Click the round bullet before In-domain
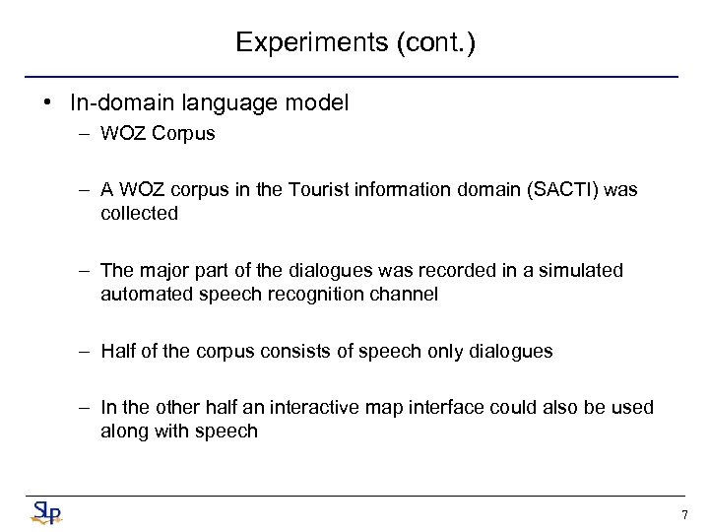click(x=47, y=102)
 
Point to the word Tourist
click(x=318, y=189)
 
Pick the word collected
click(x=139, y=213)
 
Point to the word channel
click(x=406, y=294)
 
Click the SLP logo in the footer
click(x=44, y=511)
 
